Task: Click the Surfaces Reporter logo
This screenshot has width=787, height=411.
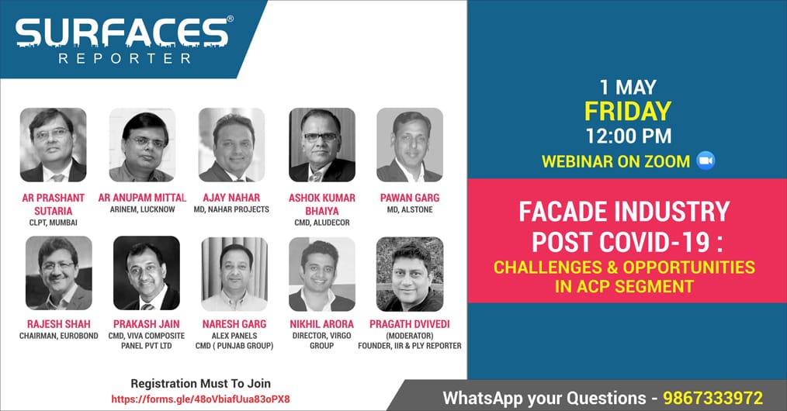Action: click(124, 40)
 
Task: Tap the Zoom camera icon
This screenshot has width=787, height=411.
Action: click(706, 161)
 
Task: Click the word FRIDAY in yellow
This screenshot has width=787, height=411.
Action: click(628, 111)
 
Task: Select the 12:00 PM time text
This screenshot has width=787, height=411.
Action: click(629, 136)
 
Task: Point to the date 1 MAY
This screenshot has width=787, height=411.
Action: click(628, 87)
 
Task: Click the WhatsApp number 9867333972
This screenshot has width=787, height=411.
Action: click(712, 398)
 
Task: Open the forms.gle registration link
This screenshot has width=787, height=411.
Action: click(200, 399)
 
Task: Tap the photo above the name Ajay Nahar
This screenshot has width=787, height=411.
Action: click(231, 145)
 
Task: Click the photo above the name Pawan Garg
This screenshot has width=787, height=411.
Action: click(410, 145)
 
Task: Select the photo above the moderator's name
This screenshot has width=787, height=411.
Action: click(410, 275)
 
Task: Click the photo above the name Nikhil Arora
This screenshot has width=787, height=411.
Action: click(322, 275)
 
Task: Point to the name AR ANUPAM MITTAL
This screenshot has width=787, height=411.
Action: click(142, 198)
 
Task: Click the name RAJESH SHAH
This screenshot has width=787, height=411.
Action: click(59, 324)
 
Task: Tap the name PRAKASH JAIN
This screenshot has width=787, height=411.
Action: click(146, 324)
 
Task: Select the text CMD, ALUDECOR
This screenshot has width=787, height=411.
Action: click(322, 223)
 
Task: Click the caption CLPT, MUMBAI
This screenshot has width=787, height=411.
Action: click(54, 223)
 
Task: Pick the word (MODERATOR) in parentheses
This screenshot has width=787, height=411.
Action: click(410, 336)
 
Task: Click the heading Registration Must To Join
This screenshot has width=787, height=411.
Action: click(201, 383)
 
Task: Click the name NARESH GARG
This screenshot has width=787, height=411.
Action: click(234, 324)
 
